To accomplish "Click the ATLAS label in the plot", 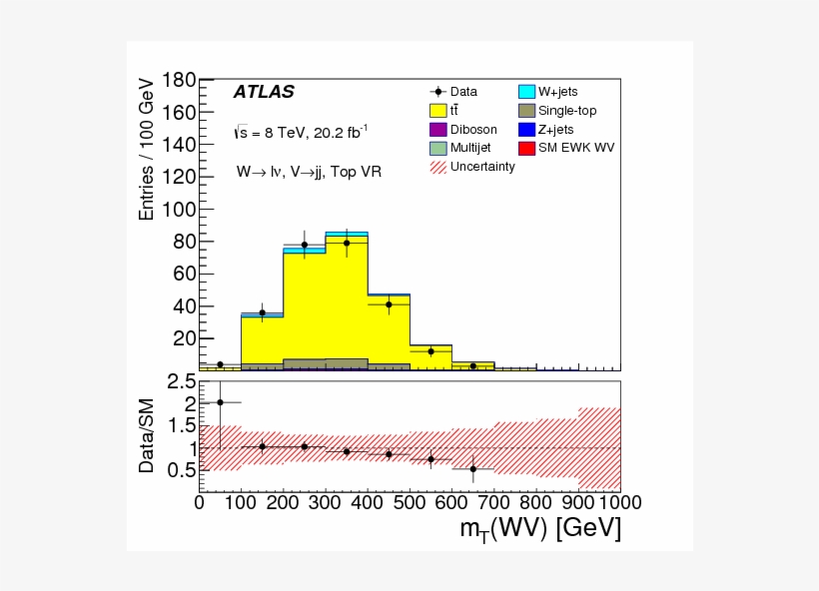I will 264,92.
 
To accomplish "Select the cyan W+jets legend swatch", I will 526,92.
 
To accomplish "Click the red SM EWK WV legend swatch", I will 526,148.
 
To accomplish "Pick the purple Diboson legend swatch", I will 437,130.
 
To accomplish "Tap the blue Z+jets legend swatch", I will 526,130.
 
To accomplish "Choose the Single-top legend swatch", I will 526,111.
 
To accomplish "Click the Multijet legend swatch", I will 437,148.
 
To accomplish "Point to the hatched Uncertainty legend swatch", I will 437,167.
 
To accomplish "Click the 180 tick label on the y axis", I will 176,80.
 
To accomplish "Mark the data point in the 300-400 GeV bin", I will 347,243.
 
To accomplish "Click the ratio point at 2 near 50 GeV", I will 220,402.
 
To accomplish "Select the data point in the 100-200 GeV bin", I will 262,312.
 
